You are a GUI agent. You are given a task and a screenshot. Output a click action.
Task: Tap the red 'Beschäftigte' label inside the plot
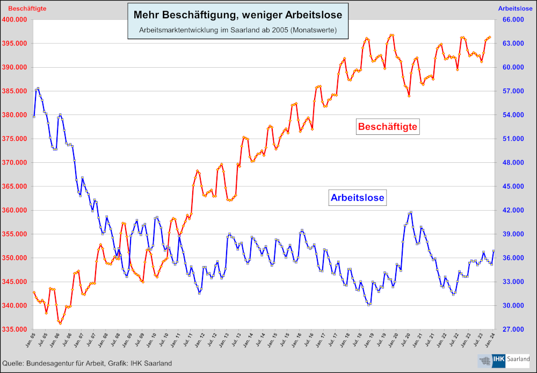click(x=388, y=127)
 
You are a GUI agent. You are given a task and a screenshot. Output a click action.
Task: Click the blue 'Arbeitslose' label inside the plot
click(x=358, y=198)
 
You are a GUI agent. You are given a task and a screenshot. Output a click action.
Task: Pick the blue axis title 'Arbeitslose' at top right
click(x=514, y=9)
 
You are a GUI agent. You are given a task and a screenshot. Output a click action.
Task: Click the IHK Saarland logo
click(x=504, y=361)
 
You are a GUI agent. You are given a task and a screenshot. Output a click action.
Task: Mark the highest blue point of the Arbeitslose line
click(x=38, y=89)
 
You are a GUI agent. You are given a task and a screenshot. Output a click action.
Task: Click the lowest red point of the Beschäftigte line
click(x=60, y=323)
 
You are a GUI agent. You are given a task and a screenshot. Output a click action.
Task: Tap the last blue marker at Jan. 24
click(x=493, y=251)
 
